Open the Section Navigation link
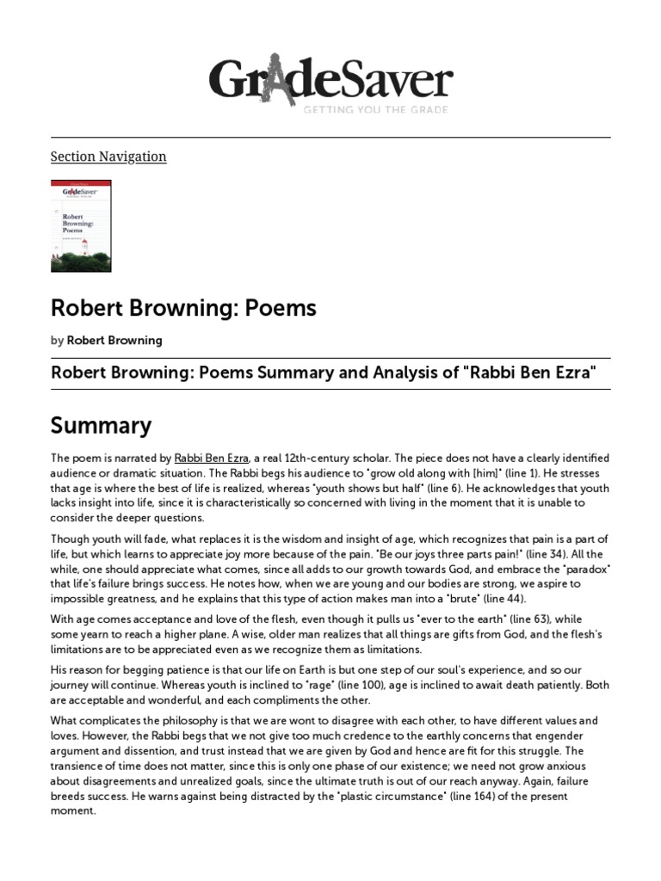coord(108,157)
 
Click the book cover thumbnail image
coord(81,225)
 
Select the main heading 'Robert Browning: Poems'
coord(183,308)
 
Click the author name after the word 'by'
coord(114,340)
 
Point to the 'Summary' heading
coord(101,425)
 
